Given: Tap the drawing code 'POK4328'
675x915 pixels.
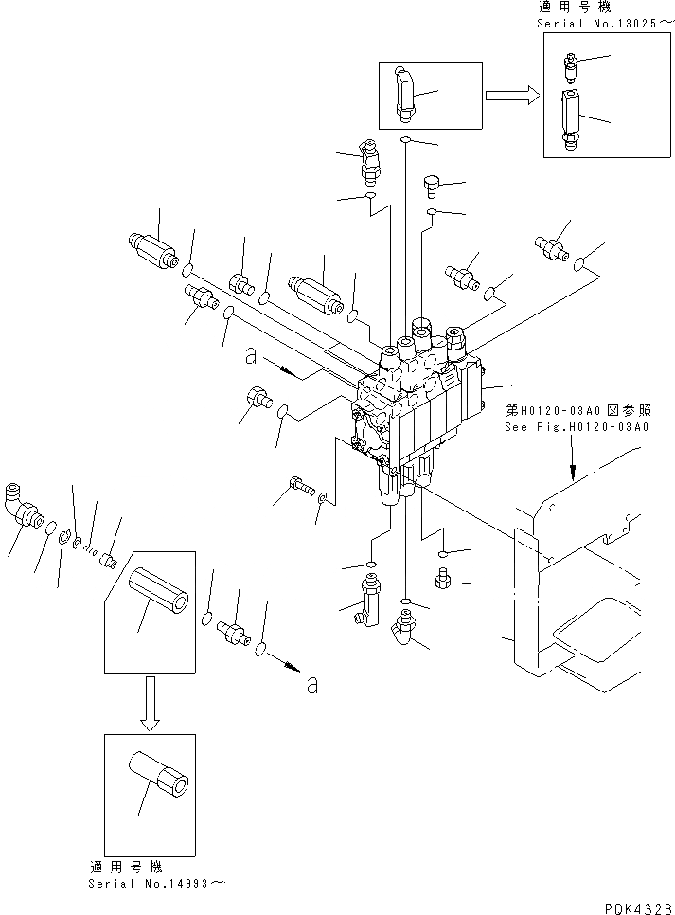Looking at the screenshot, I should click(x=634, y=906).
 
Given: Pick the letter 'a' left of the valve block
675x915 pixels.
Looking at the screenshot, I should click(x=251, y=357).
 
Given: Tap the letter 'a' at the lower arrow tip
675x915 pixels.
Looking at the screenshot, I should click(x=311, y=687).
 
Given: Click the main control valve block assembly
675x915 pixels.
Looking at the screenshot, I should click(x=421, y=407).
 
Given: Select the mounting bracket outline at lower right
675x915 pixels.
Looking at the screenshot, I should click(x=568, y=587).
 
